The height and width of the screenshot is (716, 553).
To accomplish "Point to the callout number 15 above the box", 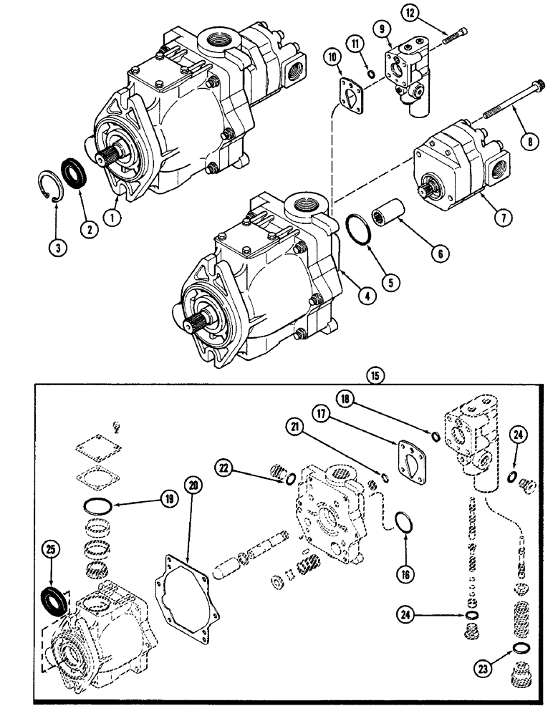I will (x=372, y=373).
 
